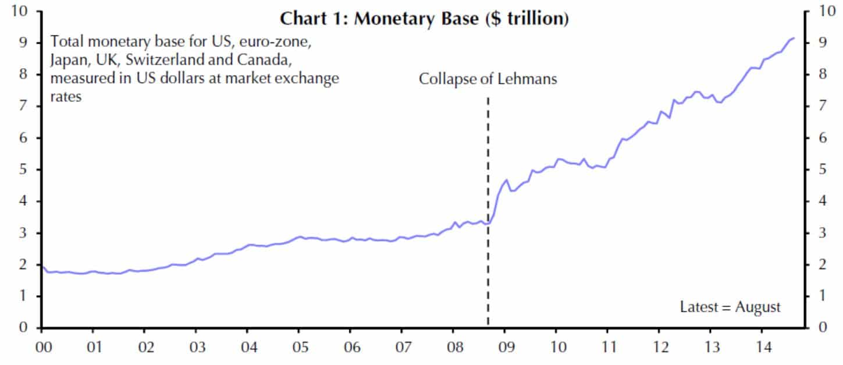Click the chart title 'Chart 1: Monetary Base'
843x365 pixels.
[424, 19]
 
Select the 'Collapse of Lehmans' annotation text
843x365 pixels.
[488, 79]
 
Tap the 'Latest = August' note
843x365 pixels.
[730, 307]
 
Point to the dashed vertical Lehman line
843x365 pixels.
[488, 262]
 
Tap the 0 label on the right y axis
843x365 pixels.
[823, 328]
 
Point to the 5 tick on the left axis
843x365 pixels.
[23, 169]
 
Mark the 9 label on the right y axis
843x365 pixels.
[823, 43]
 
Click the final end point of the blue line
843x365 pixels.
[794, 38]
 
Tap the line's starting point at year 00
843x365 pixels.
[42, 266]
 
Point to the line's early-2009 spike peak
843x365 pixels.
[507, 180]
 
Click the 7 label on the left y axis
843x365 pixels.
[23, 107]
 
